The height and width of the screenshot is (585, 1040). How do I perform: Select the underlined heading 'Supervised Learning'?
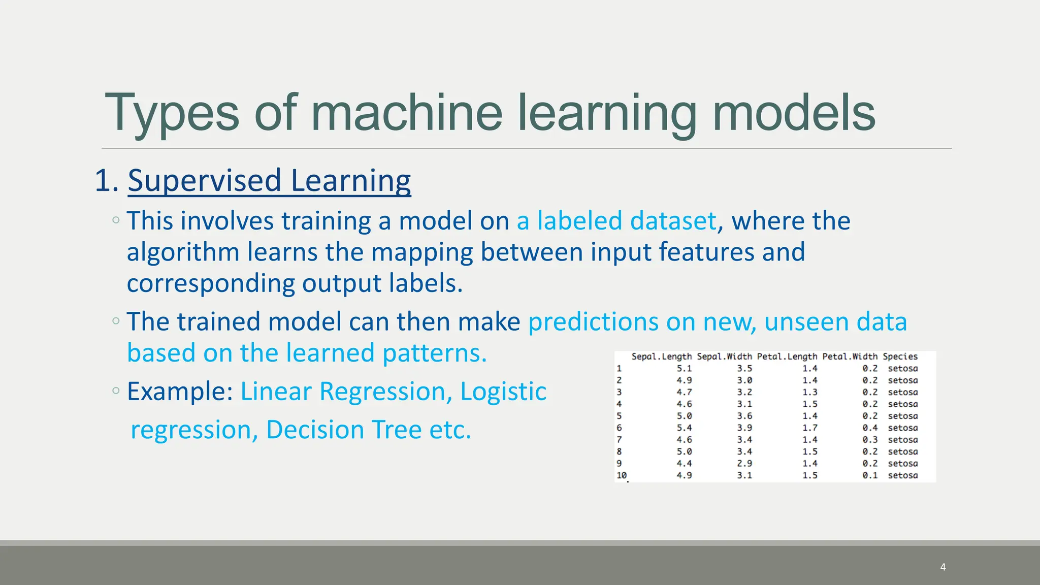[x=269, y=181]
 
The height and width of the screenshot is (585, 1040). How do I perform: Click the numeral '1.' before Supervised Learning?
[x=107, y=181]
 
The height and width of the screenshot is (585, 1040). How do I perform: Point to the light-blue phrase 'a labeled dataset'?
[x=616, y=221]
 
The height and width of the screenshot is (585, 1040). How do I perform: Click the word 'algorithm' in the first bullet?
[x=183, y=252]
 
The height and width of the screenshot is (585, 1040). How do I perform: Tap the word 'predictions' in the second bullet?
[x=593, y=322]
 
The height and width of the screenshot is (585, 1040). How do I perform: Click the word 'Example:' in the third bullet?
[x=180, y=392]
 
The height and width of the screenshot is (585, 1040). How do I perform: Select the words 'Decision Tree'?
[x=344, y=430]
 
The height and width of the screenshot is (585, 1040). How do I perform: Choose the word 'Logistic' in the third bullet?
[x=503, y=392]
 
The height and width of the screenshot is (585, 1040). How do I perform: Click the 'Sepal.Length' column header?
[x=661, y=356]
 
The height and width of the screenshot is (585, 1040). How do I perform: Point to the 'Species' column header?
[x=900, y=356]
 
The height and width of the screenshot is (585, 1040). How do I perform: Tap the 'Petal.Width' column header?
[x=850, y=356]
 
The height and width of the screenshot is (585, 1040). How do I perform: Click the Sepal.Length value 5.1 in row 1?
[x=684, y=369]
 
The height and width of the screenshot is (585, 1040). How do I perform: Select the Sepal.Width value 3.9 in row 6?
[x=744, y=428]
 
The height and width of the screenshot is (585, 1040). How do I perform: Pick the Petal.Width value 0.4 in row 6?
[x=869, y=428]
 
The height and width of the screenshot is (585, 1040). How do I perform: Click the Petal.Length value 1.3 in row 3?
[x=809, y=393]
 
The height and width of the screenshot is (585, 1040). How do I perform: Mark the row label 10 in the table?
[x=622, y=475]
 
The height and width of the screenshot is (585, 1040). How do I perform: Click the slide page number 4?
[x=942, y=567]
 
